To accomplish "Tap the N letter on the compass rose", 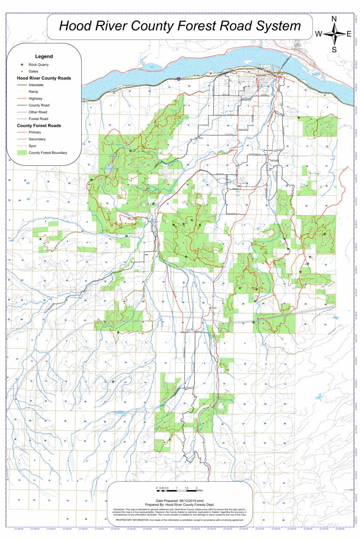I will (x=334, y=19).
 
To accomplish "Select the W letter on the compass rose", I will (x=319, y=34).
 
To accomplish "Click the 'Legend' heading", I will (x=44, y=56).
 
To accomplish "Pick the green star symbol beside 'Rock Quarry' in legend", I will (x=22, y=65).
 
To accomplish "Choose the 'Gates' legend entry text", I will (x=33, y=71).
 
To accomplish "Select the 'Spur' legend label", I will (x=33, y=145).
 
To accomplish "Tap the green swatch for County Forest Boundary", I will (x=22, y=152).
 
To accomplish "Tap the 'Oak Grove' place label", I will (x=198, y=138).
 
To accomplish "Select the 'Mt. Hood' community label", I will (x=212, y=308).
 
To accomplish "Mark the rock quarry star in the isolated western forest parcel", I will (x=40, y=239).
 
